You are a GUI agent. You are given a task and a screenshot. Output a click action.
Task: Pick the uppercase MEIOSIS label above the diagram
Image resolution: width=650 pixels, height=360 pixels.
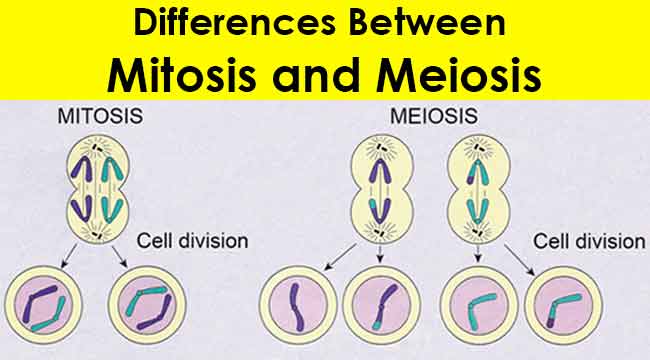[x=416, y=116]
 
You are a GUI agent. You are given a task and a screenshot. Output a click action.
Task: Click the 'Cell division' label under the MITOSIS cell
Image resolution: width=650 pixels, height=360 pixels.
[x=192, y=241]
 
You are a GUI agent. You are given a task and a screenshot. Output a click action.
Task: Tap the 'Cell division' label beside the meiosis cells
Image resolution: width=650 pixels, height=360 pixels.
[x=589, y=241]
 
